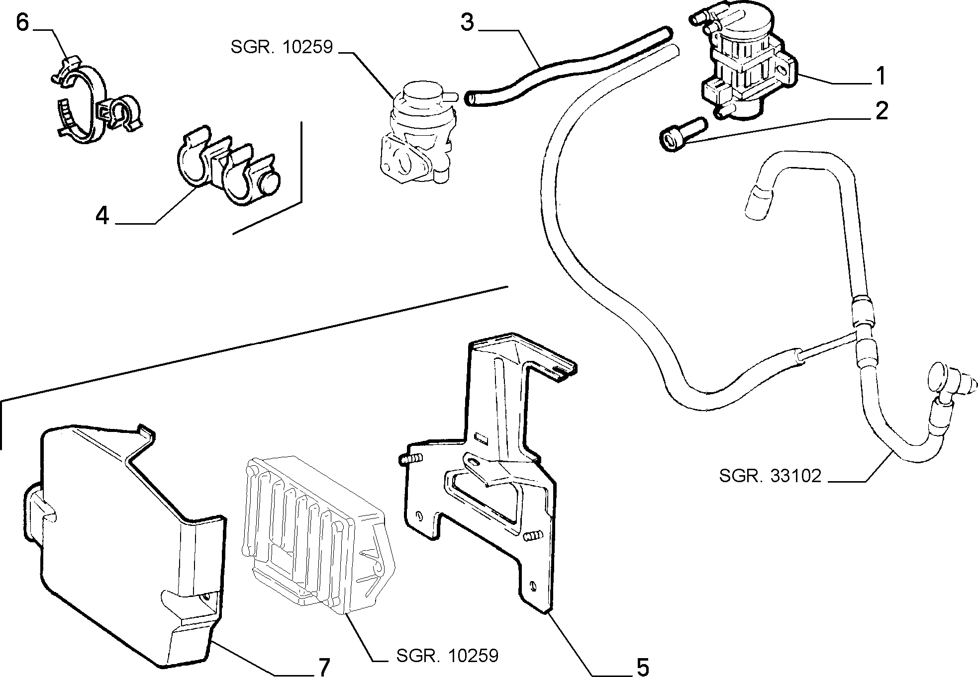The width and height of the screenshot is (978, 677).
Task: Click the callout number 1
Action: point(880,76)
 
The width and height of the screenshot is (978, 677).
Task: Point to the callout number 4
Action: point(102,216)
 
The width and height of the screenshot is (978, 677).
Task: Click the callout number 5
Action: point(643,667)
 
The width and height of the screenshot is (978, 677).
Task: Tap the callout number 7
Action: point(323,667)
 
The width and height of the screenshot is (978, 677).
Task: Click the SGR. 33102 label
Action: point(770,476)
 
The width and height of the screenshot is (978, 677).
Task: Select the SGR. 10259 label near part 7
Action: point(447,656)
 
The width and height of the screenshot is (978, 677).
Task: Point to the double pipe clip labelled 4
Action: point(229,166)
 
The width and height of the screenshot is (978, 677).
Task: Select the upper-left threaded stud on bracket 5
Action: point(410,458)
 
